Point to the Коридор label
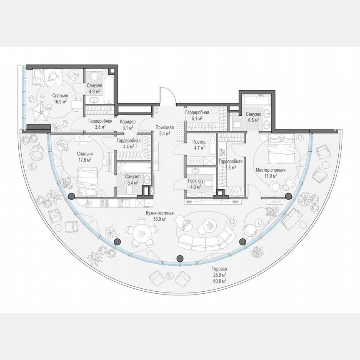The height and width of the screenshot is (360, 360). pos(128,122)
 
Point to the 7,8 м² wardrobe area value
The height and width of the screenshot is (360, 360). pos(228,167)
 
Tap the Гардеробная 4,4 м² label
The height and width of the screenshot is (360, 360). pos(128,143)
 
